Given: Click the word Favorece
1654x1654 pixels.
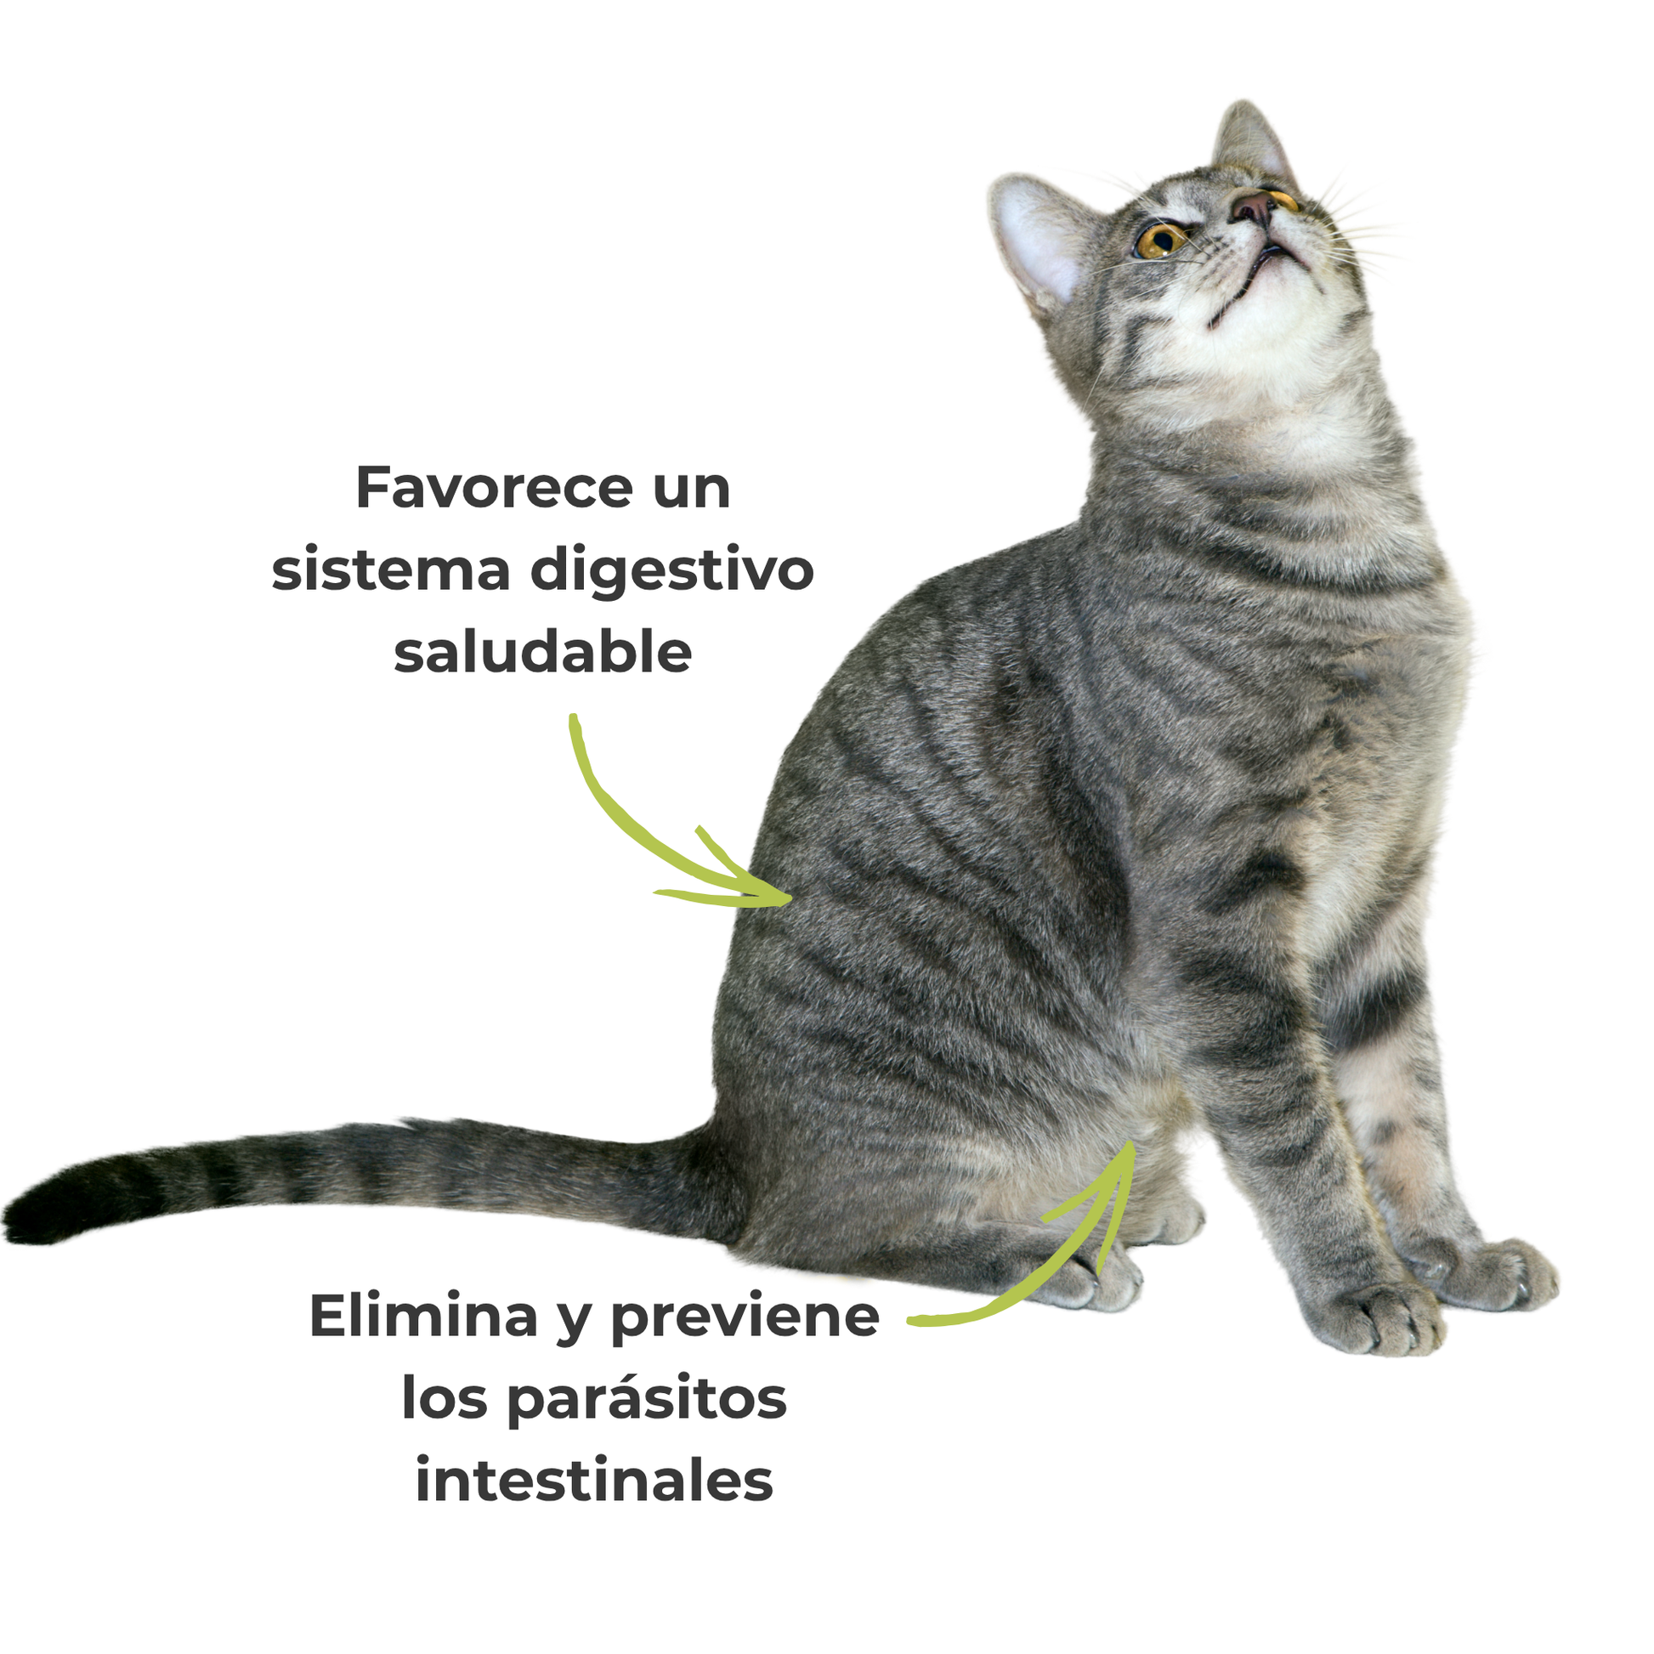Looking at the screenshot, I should pos(494,489).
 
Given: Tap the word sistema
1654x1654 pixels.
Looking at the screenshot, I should pos(390,571).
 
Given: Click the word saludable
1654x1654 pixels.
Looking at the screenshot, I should pos(542,653).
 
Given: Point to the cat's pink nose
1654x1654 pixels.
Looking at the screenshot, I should pos(1255,207).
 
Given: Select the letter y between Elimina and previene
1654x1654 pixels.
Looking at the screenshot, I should pos(574,1323).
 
